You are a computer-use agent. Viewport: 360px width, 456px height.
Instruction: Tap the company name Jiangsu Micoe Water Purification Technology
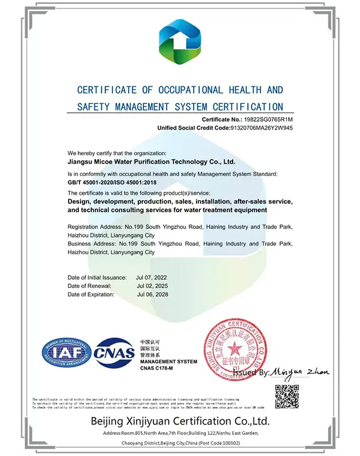[x=151, y=162]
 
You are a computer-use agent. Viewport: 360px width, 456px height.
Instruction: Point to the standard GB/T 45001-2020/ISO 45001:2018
[x=112, y=182]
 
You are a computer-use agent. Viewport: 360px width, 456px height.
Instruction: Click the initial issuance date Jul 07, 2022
[x=152, y=277]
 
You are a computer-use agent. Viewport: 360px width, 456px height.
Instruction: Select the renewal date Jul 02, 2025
[x=152, y=286]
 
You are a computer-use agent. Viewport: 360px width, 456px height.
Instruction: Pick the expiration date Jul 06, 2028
[x=152, y=294]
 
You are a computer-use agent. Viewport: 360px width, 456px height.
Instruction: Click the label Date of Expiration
[x=91, y=294]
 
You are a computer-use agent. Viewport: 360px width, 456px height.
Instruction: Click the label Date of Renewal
[x=89, y=286]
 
